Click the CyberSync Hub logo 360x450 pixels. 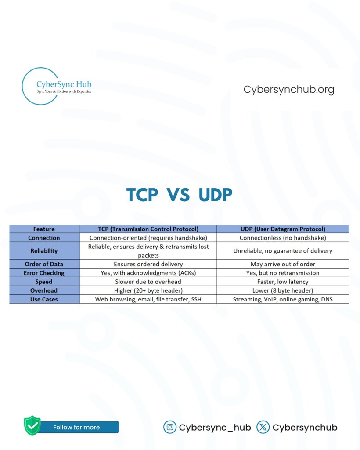[57, 86]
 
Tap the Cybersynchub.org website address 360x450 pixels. [289, 90]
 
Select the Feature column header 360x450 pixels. [44, 229]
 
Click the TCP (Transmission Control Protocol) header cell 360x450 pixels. [148, 229]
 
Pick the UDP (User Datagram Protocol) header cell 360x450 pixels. [283, 229]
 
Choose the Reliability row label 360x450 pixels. [44, 251]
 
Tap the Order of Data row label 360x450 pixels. [44, 264]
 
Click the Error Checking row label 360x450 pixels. [44, 273]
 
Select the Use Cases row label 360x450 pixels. [44, 299]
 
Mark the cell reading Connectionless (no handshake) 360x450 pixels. [283, 238]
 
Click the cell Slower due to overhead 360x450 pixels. [148, 282]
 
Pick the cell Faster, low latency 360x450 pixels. [283, 282]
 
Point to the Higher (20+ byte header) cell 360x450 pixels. [148, 290]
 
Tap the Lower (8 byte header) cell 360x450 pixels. [283, 290]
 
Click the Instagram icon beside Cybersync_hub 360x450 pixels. [169, 427]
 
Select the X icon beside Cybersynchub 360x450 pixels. [263, 427]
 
